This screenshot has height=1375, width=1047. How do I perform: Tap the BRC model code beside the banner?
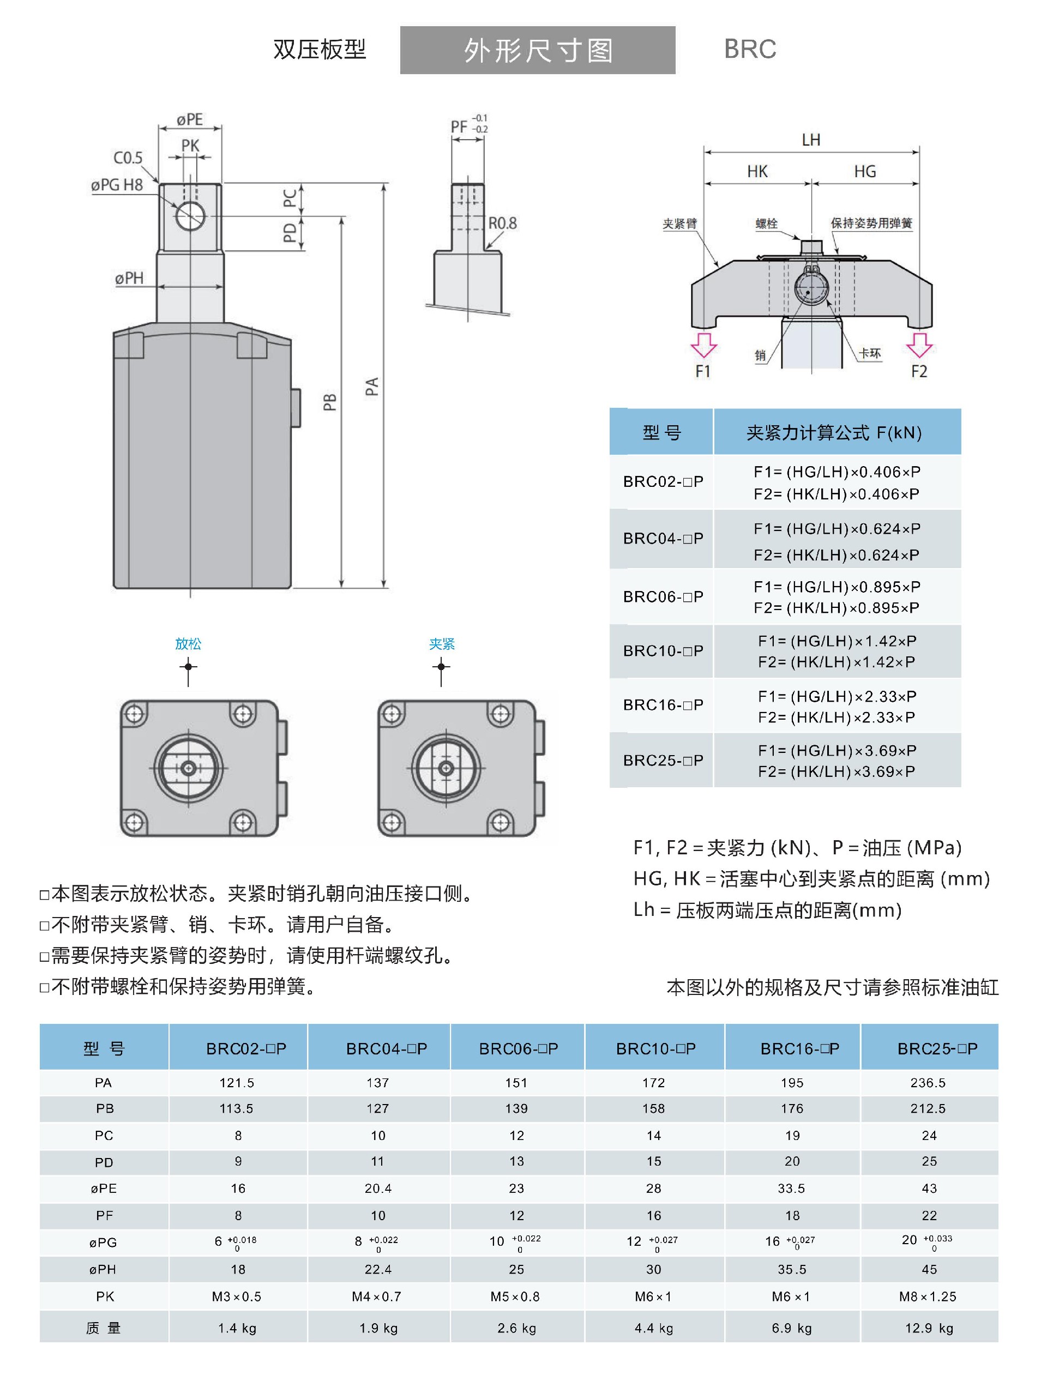tap(750, 49)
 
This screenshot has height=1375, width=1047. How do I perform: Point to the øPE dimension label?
tap(189, 119)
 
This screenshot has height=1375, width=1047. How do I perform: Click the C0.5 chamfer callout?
tap(128, 158)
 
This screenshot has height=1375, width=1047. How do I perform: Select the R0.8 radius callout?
tap(502, 223)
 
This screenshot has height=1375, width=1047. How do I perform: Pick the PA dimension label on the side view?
tap(372, 386)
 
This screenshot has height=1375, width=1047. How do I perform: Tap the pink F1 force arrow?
tap(704, 345)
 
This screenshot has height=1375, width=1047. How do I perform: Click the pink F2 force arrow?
tap(919, 345)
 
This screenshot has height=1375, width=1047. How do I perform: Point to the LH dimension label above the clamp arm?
tap(811, 140)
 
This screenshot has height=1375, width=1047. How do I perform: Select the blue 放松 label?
tap(188, 643)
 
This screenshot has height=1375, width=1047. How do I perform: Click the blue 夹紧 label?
tap(442, 643)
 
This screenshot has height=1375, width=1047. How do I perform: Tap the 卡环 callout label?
tap(869, 353)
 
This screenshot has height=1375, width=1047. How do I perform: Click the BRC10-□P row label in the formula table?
tap(663, 650)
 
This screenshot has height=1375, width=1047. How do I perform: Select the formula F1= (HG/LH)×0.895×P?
tap(837, 587)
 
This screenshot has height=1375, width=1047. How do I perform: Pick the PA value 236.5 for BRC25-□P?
tap(928, 1083)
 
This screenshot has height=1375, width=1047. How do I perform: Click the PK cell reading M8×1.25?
tap(928, 1296)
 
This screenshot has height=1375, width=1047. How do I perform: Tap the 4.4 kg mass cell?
tap(654, 1328)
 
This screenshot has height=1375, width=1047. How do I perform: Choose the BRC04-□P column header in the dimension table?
tap(387, 1048)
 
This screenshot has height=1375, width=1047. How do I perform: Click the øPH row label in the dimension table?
tap(104, 1269)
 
